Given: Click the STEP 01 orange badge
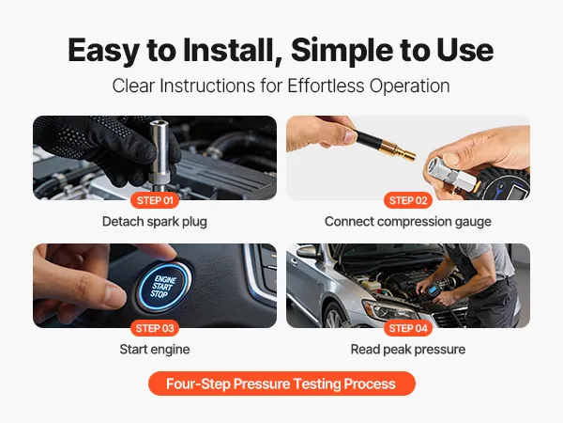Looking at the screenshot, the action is pyautogui.click(x=155, y=200).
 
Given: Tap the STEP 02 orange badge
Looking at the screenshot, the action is pyautogui.click(x=408, y=200).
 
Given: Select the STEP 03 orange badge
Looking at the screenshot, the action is pyautogui.click(x=155, y=328).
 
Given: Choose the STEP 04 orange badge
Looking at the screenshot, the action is pyautogui.click(x=408, y=328).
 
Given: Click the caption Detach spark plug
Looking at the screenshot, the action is pyautogui.click(x=155, y=222).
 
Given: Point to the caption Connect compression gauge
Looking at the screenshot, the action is pyautogui.click(x=408, y=222).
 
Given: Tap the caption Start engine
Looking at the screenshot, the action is pyautogui.click(x=155, y=350).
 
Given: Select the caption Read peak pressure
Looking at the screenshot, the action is pyautogui.click(x=408, y=350).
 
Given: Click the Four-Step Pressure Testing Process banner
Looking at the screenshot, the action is pyautogui.click(x=281, y=384).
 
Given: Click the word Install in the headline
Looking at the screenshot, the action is pyautogui.click(x=228, y=51).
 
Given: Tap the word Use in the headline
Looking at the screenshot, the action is pyautogui.click(x=465, y=51).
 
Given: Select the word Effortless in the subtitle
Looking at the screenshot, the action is pyautogui.click(x=326, y=86).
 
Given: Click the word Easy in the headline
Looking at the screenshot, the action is pyautogui.click(x=104, y=51).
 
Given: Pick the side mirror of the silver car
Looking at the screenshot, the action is pyautogui.click(x=305, y=251).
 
